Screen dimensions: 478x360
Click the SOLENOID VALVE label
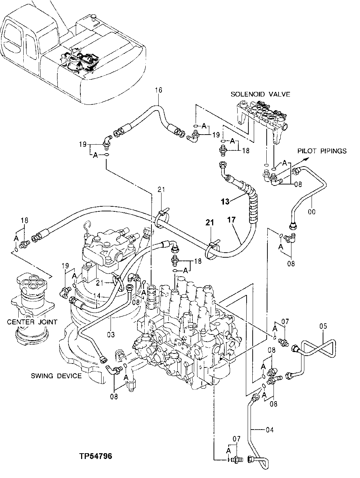pos(260,94)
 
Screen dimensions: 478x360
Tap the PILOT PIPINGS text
pos(322,151)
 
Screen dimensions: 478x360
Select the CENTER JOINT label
pos(32,322)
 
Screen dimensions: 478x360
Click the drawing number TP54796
pos(96,457)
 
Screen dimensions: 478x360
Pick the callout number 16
pos(159,90)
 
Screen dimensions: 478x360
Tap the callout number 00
pos(312,212)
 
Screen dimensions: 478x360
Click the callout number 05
pos(323,327)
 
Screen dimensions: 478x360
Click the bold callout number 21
pos(210,223)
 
